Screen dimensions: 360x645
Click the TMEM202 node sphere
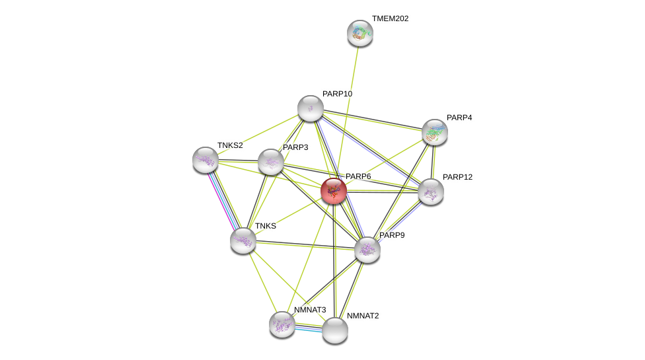tap(360, 33)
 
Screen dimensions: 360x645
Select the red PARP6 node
tap(334, 191)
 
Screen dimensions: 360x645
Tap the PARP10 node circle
tap(311, 108)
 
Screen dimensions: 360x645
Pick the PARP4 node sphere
tap(434, 132)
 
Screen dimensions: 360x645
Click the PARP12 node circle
tap(430, 192)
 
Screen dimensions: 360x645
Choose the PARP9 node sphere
tap(367, 250)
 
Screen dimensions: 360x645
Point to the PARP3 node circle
tap(271, 162)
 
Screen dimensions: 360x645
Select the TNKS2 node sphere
tap(206, 160)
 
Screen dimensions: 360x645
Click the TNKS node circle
tap(243, 240)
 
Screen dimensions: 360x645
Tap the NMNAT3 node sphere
tap(282, 324)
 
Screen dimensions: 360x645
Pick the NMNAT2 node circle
tap(335, 330)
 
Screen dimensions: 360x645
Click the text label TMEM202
tap(390, 18)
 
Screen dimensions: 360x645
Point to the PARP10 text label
tap(337, 94)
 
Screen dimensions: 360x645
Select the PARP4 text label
tap(459, 118)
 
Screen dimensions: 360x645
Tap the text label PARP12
tap(457, 177)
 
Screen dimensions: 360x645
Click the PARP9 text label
tap(392, 235)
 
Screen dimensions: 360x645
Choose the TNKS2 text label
tap(230, 145)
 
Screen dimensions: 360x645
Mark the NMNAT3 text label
tap(310, 310)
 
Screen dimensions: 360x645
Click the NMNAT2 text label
tap(363, 316)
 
